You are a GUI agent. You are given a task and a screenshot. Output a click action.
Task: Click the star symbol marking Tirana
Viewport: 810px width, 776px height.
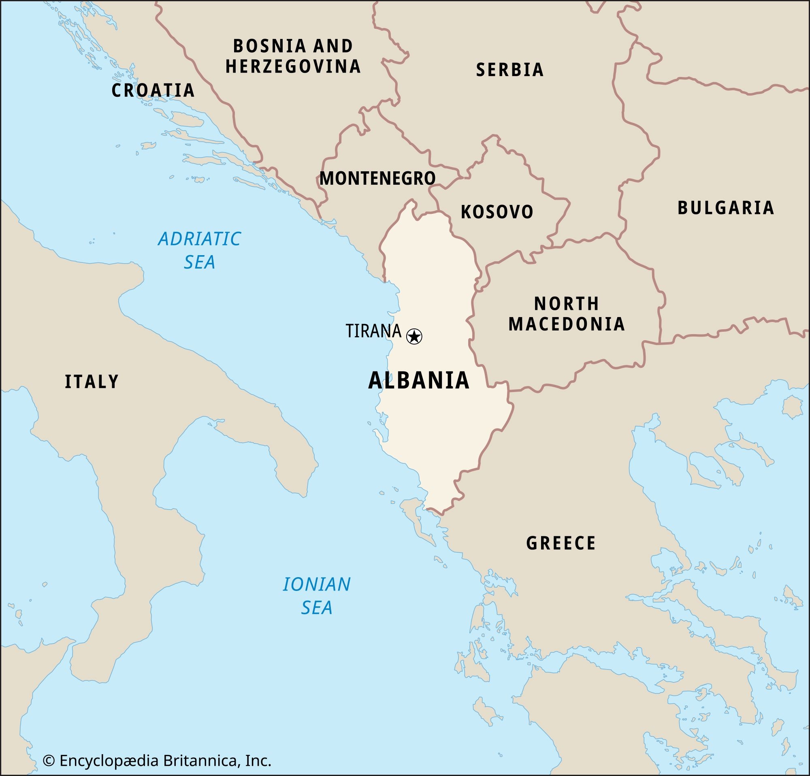[414, 336]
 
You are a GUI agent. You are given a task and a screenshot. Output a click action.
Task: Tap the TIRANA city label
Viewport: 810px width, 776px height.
[373, 331]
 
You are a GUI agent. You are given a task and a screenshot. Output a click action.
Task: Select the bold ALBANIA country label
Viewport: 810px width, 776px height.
[419, 381]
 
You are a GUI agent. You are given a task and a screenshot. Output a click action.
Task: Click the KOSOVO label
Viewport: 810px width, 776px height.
[497, 212]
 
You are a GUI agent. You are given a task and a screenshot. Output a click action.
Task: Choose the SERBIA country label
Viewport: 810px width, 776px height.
[509, 70]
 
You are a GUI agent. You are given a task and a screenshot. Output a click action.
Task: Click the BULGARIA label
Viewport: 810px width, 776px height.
[725, 207]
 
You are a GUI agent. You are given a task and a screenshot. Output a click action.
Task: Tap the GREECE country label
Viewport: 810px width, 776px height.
[561, 543]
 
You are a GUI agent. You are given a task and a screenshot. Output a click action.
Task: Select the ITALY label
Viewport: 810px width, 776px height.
[92, 382]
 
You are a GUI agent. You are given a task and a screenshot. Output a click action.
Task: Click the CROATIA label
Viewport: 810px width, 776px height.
[153, 90]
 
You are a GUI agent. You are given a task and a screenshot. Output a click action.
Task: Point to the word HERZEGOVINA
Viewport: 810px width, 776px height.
[293, 66]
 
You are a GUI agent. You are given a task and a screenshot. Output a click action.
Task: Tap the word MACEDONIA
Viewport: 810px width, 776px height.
[567, 324]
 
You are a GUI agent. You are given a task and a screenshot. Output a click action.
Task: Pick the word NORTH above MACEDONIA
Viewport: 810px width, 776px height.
[566, 304]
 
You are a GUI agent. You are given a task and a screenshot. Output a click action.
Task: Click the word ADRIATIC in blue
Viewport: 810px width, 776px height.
[199, 239]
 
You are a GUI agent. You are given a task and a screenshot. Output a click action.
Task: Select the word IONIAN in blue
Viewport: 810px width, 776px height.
[317, 584]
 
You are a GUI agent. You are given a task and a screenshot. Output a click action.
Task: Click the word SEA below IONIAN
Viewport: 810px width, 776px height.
[317, 608]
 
